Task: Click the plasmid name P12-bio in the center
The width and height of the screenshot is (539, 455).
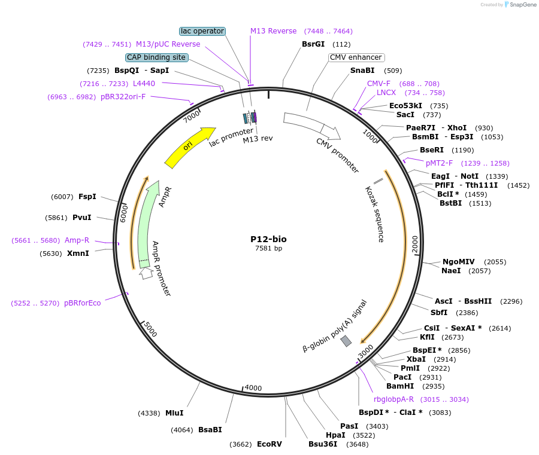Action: point(268,239)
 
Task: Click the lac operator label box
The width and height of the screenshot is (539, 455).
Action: point(202,31)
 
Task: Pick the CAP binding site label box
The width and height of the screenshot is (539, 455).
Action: point(157,57)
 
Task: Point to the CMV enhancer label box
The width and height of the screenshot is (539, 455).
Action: point(356,57)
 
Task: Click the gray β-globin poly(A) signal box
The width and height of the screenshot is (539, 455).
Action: point(346,341)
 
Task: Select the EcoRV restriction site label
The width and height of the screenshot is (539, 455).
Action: point(269,444)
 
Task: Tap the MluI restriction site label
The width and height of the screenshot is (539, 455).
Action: point(174,413)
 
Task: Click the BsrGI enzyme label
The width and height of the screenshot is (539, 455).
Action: point(313,44)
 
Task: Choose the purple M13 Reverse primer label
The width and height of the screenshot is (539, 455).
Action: point(273,31)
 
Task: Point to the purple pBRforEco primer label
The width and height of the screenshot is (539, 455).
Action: point(83,303)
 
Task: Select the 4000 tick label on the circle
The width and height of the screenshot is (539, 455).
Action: point(253,387)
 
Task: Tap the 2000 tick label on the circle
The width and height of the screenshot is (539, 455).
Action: point(414,244)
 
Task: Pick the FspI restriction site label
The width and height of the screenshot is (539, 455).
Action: point(87,196)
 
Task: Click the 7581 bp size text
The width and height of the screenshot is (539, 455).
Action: point(268,248)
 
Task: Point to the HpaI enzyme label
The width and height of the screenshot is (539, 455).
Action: point(335,435)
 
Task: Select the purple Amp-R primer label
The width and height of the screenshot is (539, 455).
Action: point(77,240)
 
